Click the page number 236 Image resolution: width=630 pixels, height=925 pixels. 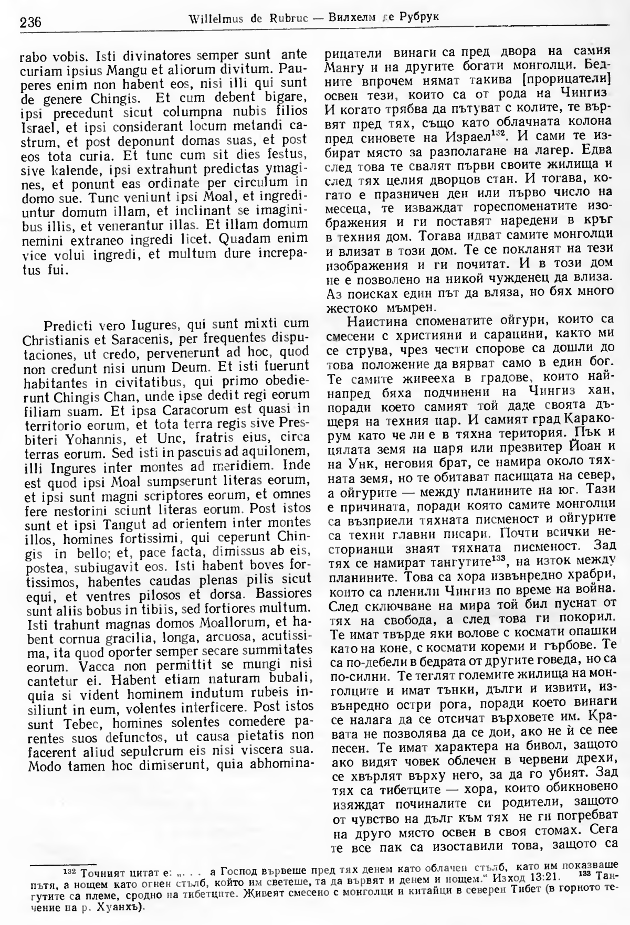[30, 22]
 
